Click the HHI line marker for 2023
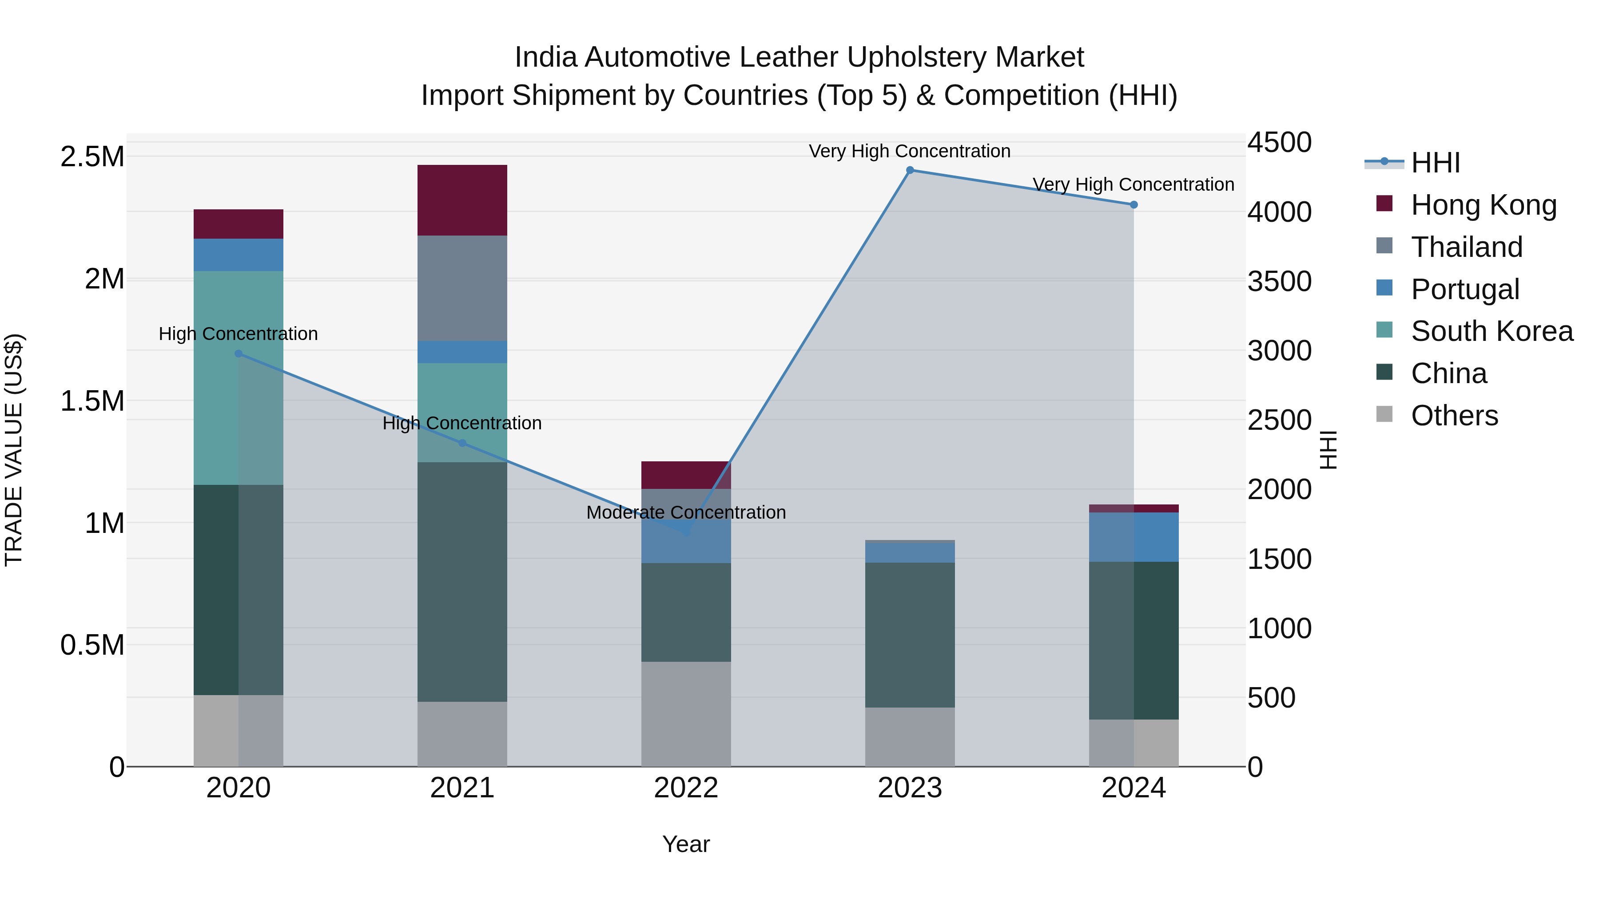(x=910, y=170)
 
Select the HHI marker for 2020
(x=239, y=353)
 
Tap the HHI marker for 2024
(x=1134, y=204)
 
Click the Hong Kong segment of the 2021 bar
(x=462, y=200)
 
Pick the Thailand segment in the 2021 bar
(x=462, y=288)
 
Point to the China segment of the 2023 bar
(x=910, y=634)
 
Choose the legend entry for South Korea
(x=1491, y=331)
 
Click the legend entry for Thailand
(x=1466, y=247)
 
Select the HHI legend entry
(x=1435, y=163)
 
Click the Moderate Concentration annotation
(x=686, y=512)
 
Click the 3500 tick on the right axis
(x=1279, y=281)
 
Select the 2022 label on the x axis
(x=686, y=788)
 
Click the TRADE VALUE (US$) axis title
(x=14, y=450)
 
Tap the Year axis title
(x=686, y=844)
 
